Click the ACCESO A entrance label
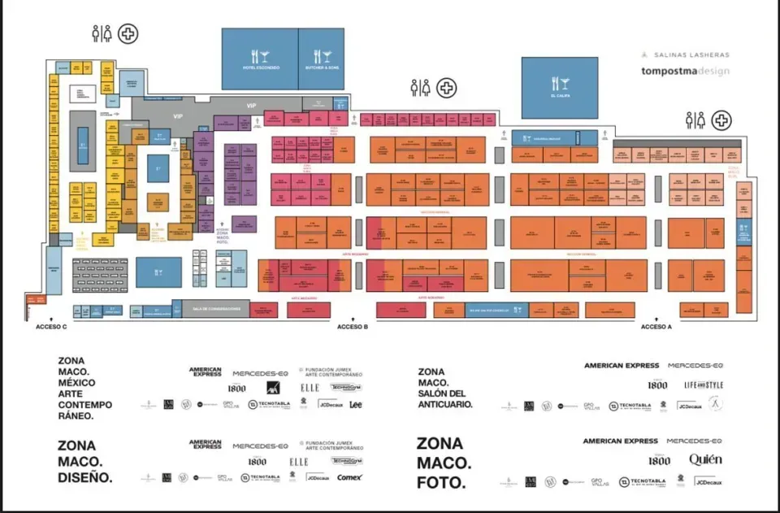point(656,327)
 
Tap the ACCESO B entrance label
point(353,327)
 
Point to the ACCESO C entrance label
point(51,327)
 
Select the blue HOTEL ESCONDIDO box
point(260,59)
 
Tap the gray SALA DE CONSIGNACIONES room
point(215,309)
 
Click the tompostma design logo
point(684,71)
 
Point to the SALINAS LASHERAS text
point(685,54)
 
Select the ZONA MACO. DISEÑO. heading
point(84,461)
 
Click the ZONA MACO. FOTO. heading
point(444,463)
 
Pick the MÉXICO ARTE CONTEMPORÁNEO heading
point(84,388)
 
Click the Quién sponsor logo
point(704,460)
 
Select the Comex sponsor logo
point(349,477)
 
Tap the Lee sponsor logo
point(355,404)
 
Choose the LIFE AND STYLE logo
point(704,385)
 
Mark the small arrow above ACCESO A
point(656,318)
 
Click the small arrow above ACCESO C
point(51,318)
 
